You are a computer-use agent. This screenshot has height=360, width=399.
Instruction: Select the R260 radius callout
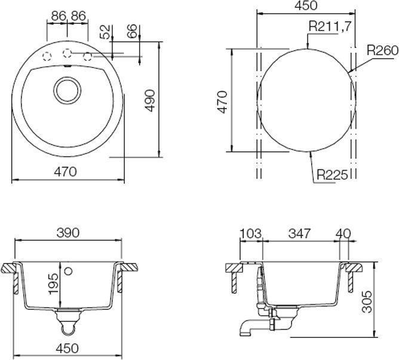pyautogui.click(x=382, y=51)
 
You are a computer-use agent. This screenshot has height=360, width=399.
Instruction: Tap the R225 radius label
pyautogui.click(x=333, y=175)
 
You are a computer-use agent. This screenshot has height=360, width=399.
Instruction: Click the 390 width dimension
pyautogui.click(x=67, y=233)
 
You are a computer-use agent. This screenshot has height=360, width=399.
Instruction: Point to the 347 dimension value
pyautogui.click(x=299, y=233)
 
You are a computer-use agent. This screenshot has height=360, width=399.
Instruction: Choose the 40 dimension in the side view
pyautogui.click(x=343, y=233)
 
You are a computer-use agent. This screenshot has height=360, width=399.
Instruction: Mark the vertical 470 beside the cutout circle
pyautogui.click(x=222, y=102)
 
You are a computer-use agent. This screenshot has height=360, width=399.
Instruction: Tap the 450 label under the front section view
pyautogui.click(x=67, y=348)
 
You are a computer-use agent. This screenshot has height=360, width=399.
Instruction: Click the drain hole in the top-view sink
pyautogui.click(x=66, y=91)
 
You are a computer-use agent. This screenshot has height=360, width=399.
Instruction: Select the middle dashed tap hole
pyautogui.click(x=67, y=53)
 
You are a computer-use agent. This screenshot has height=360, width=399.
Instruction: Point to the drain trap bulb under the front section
pyautogui.click(x=67, y=327)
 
